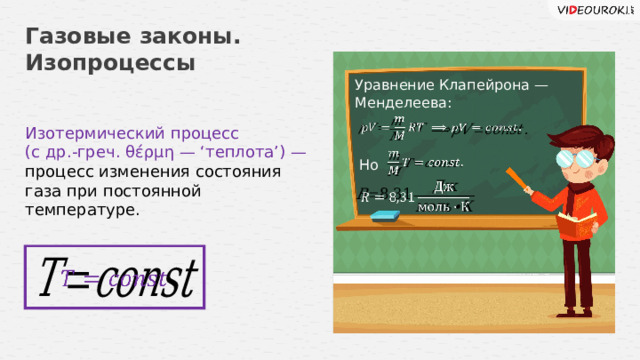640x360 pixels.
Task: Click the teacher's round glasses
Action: click(x=560, y=158)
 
